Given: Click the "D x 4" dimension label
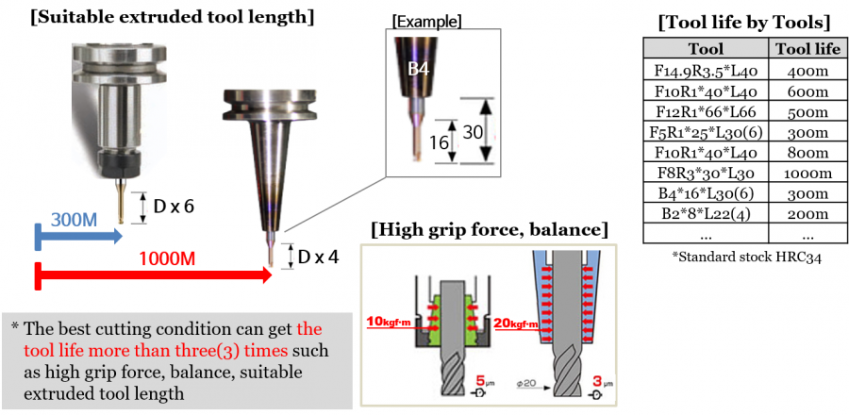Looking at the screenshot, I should coord(318,257).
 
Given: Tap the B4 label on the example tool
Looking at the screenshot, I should coord(418,68).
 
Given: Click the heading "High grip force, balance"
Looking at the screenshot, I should coord(490,229).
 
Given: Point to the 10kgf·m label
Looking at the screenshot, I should coord(387,321).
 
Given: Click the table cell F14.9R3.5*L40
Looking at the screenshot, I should coord(707,70).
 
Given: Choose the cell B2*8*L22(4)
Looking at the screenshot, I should coord(707,215).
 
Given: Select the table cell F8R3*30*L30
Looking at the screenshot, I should coord(707,174).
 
